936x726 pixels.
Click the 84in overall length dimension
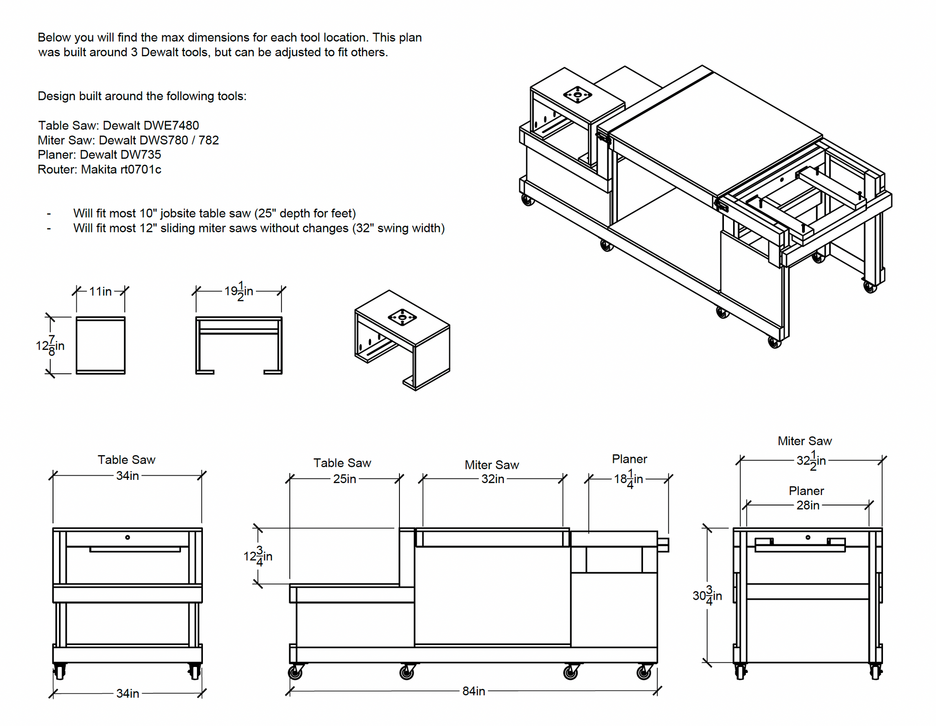click(x=473, y=691)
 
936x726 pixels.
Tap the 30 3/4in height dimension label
click(x=707, y=596)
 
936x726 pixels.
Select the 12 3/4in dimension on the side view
click(x=258, y=556)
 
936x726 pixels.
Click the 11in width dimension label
click(x=100, y=291)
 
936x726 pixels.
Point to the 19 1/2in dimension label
click(x=239, y=291)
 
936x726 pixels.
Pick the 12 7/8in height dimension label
click(x=50, y=346)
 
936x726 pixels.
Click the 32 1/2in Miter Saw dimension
click(x=811, y=460)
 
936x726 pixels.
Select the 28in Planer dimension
click(x=808, y=505)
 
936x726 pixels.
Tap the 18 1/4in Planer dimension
click(x=628, y=479)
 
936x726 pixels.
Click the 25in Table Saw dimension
click(x=344, y=479)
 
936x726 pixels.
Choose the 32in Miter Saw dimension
click(x=492, y=479)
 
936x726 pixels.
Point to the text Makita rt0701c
click(x=121, y=169)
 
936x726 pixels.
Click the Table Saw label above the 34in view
click(x=127, y=460)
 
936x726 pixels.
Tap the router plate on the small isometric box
click(x=402, y=317)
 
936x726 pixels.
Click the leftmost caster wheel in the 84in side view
click(x=295, y=672)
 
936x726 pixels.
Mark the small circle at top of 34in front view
click(x=128, y=538)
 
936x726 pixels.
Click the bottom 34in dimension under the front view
click(x=128, y=694)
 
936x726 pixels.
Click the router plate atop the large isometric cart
click(x=577, y=95)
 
